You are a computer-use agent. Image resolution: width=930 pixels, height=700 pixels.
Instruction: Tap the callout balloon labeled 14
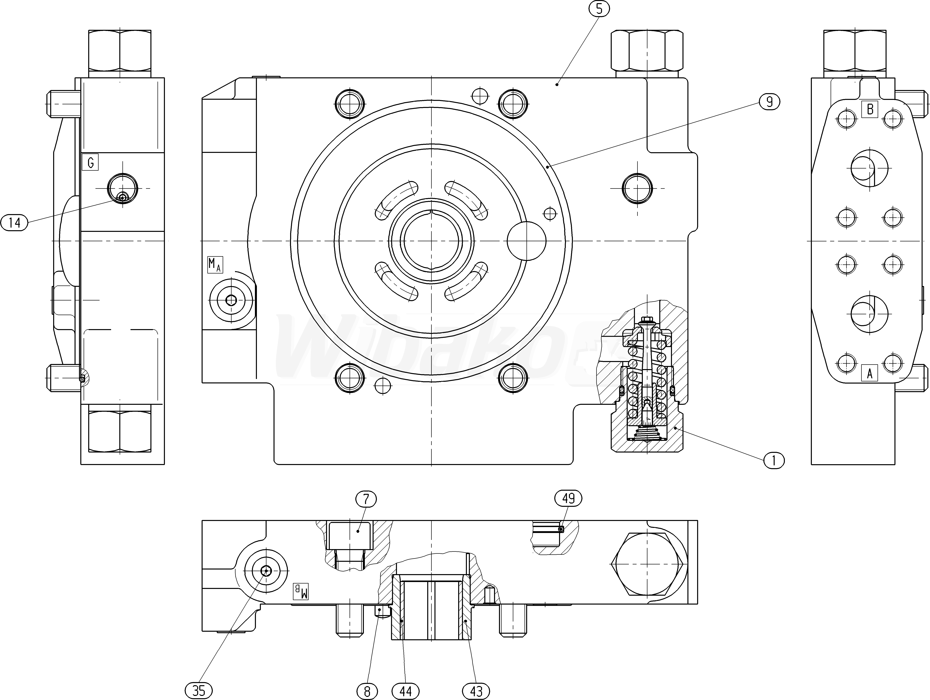14,222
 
